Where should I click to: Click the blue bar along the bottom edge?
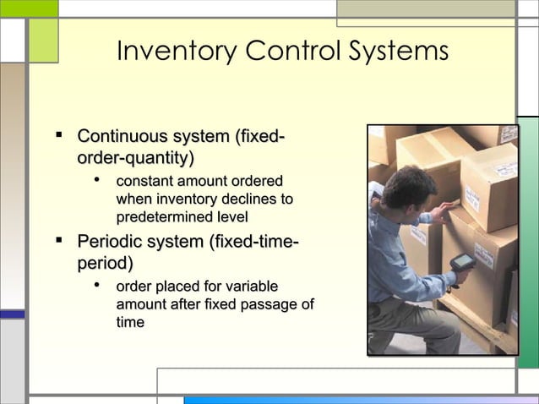click(x=355, y=400)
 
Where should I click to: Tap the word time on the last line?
click(x=130, y=323)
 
